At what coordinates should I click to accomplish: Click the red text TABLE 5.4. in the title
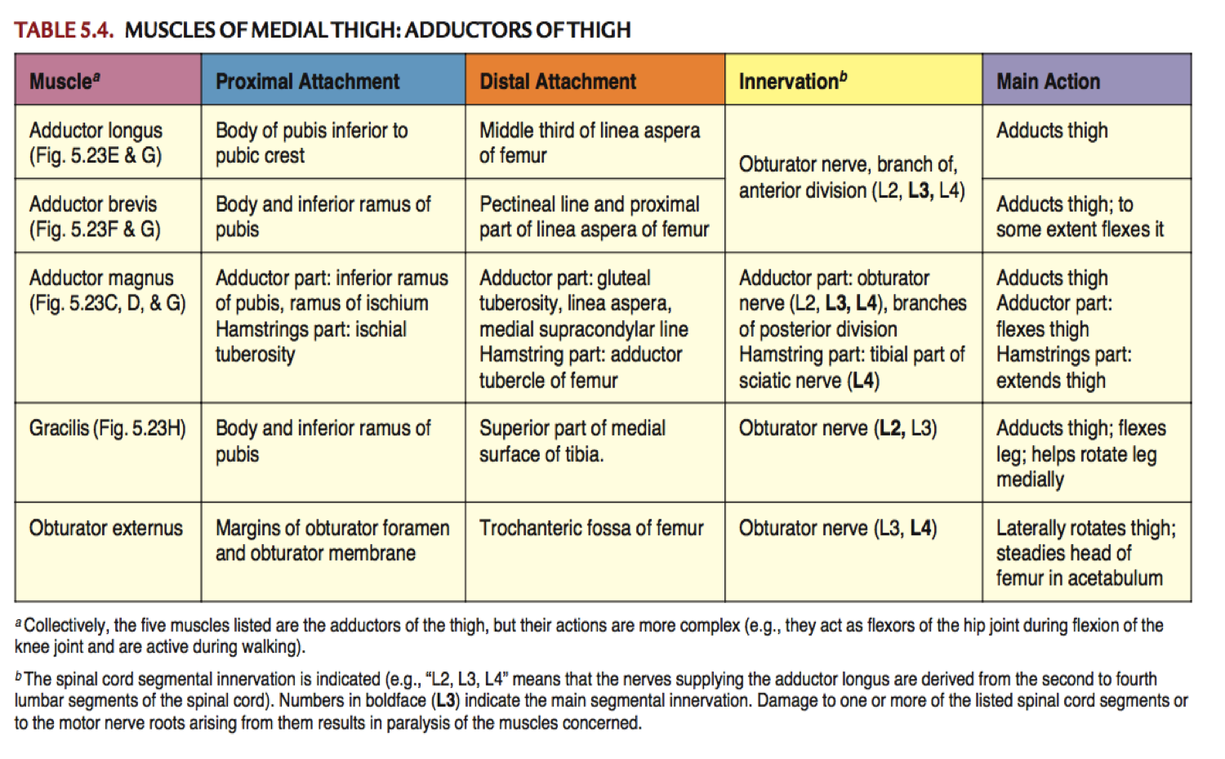(x=64, y=30)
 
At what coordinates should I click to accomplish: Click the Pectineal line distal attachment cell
(x=594, y=216)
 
